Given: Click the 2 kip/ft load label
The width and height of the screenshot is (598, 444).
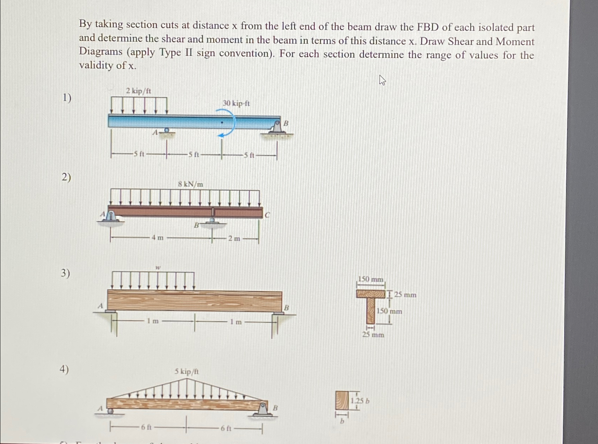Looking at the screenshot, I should [138, 91].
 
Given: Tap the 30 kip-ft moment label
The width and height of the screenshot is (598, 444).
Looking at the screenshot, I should [236, 103].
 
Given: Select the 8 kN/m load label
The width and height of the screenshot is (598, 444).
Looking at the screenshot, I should [191, 184].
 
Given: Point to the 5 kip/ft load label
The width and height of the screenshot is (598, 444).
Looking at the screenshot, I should [187, 372].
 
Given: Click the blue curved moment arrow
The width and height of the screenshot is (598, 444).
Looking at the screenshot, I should [228, 122].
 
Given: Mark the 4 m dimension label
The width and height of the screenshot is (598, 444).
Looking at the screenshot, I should [158, 238].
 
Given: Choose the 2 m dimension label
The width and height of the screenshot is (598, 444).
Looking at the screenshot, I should [234, 239].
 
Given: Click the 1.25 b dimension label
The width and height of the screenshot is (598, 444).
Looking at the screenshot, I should [360, 401].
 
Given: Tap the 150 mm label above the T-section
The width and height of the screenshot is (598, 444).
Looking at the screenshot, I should [370, 279].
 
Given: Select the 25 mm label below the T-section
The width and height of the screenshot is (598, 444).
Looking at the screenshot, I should [373, 334].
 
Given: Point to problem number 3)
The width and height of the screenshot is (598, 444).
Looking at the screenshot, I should [65, 273].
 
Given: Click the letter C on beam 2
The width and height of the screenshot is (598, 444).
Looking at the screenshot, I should [267, 215].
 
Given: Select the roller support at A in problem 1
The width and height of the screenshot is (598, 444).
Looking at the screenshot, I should [166, 132].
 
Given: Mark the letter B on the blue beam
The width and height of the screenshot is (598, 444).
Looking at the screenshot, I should [286, 123].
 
